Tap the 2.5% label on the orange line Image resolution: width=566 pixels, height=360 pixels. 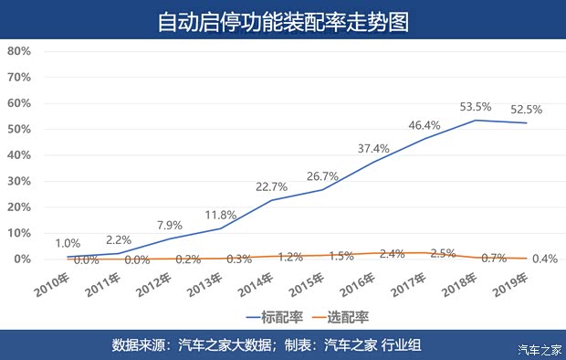click(442, 252)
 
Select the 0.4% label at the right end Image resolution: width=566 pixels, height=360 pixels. click(544, 259)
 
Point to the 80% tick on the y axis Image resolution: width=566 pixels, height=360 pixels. click(19, 51)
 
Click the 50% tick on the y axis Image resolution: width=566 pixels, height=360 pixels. click(19, 129)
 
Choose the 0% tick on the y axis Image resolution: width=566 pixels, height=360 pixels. click(23, 259)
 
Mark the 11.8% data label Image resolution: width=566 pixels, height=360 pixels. click(219, 215)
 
